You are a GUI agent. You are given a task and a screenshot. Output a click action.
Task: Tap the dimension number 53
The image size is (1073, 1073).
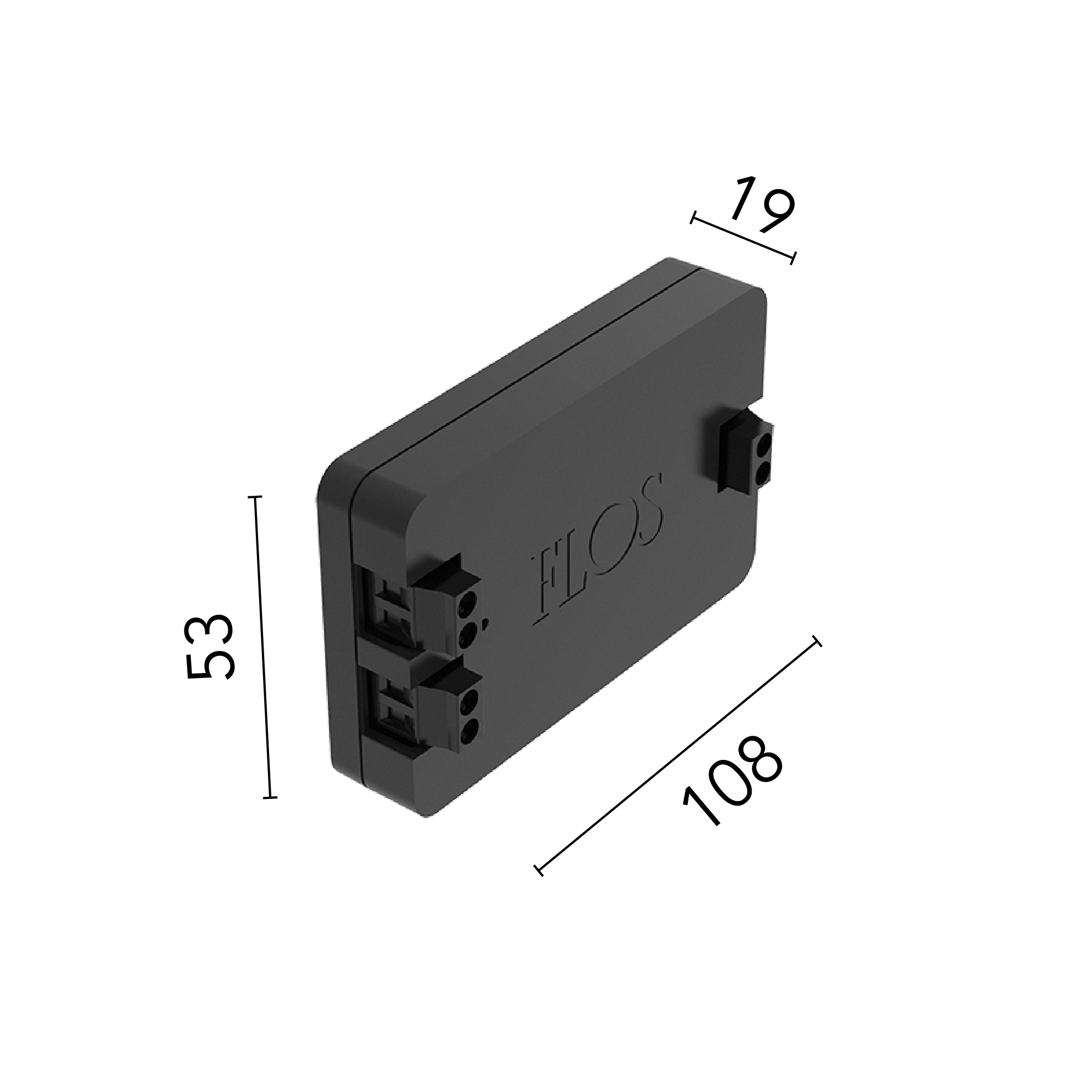210,647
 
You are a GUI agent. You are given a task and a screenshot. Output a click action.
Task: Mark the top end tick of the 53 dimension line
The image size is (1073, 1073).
255,497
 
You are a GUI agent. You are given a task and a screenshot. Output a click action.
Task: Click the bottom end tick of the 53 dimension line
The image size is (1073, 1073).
270,797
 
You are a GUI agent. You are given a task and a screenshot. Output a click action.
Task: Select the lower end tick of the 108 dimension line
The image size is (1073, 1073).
538,871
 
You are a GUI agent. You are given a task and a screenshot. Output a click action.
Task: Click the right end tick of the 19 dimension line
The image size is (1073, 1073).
793,258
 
